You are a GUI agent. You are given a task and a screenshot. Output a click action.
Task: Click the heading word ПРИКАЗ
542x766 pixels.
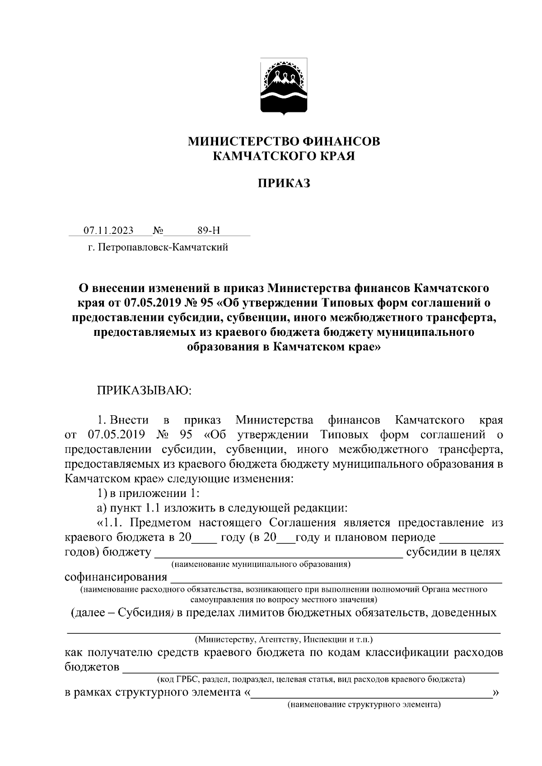point(284,184)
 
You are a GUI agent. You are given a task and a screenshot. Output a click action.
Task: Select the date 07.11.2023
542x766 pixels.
point(108,231)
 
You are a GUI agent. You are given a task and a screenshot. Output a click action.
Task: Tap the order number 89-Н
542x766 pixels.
point(209,231)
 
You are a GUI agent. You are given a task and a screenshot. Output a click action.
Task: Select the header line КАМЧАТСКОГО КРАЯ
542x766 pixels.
point(284,157)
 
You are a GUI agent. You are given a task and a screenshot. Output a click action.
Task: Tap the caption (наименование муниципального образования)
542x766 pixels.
point(261,564)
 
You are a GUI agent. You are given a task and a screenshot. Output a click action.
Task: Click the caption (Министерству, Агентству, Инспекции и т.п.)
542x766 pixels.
point(284,640)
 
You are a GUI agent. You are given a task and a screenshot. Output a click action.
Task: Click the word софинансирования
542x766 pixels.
point(116,577)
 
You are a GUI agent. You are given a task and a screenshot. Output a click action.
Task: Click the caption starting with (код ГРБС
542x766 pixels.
point(311,679)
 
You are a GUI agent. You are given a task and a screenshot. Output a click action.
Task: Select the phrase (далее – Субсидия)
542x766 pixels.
point(122,613)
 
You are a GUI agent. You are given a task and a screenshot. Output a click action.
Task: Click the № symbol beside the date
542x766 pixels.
point(158,231)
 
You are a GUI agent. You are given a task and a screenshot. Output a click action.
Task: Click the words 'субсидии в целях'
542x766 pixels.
point(453,552)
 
